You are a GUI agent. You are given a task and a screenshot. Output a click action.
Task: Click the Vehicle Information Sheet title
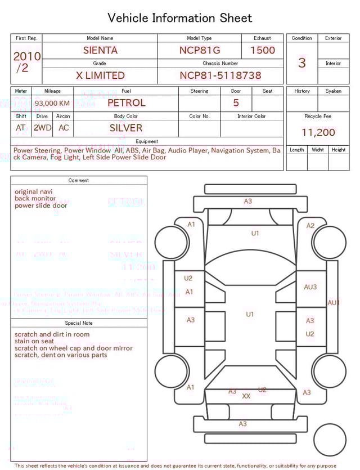tap(180, 18)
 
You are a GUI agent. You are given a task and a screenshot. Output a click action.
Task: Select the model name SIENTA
tap(100, 50)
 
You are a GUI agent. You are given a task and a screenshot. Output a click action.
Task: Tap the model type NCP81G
tap(200, 50)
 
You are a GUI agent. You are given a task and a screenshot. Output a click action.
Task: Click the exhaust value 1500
tap(263, 50)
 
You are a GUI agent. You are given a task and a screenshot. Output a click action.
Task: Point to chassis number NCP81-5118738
tap(220, 75)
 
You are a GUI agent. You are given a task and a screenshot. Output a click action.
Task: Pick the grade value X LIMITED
tap(100, 75)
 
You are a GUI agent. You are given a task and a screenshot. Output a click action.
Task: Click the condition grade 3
tap(302, 62)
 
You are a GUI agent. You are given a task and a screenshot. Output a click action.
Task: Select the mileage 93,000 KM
tap(52, 104)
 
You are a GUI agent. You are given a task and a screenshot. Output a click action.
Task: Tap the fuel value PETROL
tap(126, 103)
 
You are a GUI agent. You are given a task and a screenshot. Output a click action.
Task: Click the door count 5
tap(236, 103)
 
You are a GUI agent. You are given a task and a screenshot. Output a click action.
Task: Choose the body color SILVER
tap(126, 128)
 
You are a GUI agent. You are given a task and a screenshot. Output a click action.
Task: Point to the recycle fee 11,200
tap(318, 133)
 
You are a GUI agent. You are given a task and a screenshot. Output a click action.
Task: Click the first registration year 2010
tap(26, 56)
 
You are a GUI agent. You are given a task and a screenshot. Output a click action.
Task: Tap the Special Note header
tap(79, 323)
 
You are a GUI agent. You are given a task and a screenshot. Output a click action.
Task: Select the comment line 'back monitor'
tap(35, 199)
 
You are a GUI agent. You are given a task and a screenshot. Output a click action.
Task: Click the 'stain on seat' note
tap(34, 341)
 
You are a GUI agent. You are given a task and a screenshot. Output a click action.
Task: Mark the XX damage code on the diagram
tap(246, 396)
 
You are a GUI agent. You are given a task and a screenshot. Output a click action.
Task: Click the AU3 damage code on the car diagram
tap(310, 287)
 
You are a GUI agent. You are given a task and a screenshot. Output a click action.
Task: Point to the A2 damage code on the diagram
tap(310, 226)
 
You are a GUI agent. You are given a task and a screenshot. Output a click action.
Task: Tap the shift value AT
tap(21, 128)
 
